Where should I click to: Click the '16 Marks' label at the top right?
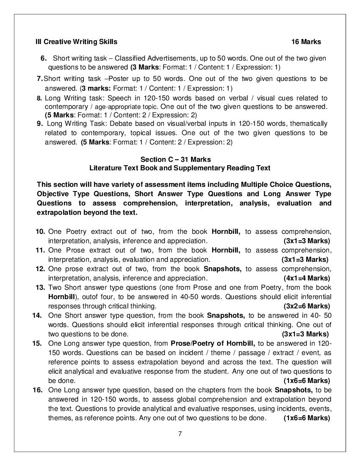click(306, 42)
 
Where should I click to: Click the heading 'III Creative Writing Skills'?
click(76, 42)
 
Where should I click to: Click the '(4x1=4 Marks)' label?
click(307, 278)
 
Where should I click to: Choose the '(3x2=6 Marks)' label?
click(307, 306)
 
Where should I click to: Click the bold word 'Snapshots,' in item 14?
click(226, 315)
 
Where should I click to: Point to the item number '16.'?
click(37, 390)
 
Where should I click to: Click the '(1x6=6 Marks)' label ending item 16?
click(307, 418)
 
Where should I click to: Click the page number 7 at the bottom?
click(180, 433)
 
